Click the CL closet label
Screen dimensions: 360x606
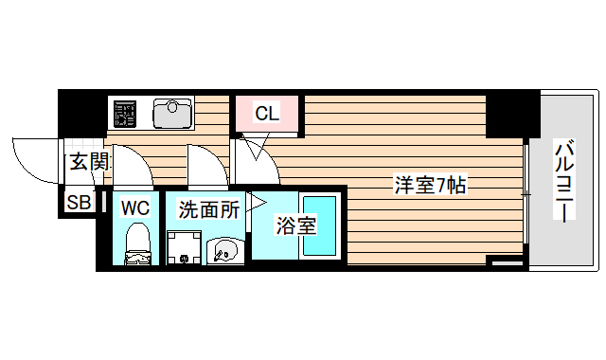pos(267,115)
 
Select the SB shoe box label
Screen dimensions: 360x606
pos(78,202)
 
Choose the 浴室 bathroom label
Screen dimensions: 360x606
pos(294,226)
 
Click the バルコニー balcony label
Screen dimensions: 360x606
pos(564,183)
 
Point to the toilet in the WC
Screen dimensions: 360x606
pos(138,243)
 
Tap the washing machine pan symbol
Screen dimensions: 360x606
pos(184,248)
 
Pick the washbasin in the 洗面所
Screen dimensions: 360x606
pos(225,249)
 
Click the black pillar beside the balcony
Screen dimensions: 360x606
pos(511,114)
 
